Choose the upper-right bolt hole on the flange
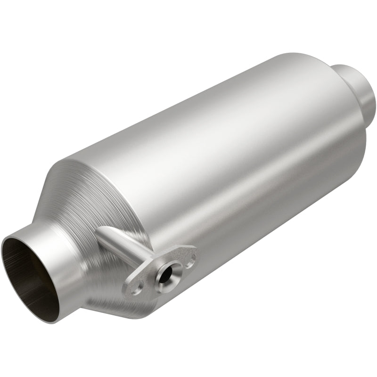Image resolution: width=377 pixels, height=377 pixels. point(189,257)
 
